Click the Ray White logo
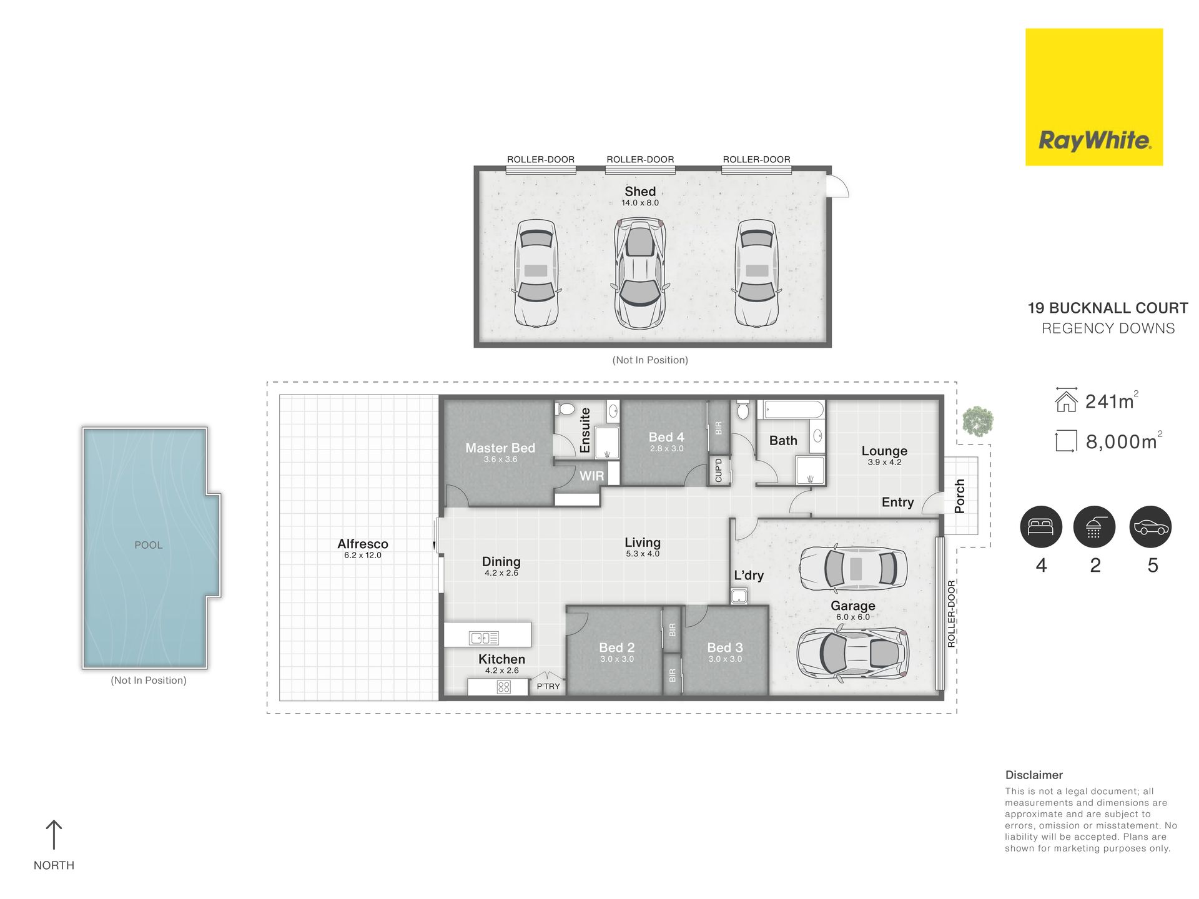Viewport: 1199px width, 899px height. [1094, 97]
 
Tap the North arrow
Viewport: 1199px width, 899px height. [54, 835]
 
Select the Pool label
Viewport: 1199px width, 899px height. [149, 545]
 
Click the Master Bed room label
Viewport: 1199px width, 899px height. [500, 448]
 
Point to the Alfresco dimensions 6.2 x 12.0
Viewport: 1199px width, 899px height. [363, 555]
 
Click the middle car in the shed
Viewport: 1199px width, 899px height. [640, 273]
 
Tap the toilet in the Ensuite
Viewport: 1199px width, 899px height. [566, 409]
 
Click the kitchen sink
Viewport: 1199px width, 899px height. [484, 637]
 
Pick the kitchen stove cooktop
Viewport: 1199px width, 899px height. [504, 687]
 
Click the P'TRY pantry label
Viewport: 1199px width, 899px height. [548, 686]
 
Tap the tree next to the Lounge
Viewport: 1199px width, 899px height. [977, 421]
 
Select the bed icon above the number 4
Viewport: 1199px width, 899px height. [1041, 526]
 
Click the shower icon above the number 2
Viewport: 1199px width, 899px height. [1094, 526]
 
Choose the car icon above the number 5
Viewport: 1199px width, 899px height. [1151, 526]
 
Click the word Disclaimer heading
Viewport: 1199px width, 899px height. [1034, 775]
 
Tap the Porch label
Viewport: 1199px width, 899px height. [960, 496]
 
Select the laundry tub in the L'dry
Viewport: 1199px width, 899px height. [739, 597]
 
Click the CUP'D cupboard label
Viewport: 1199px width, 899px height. [718, 470]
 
